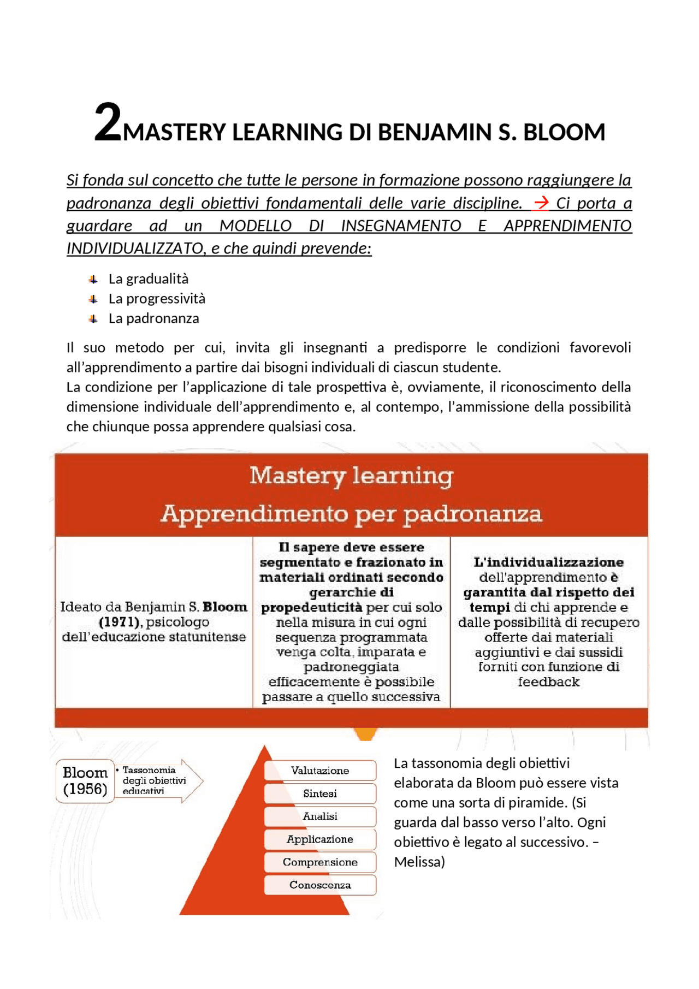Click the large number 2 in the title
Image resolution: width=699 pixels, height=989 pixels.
click(x=108, y=123)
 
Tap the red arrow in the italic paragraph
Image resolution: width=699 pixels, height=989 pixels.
click(x=541, y=203)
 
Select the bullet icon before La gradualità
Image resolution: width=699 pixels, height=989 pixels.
click(x=93, y=280)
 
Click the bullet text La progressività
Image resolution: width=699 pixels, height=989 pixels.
click(x=157, y=299)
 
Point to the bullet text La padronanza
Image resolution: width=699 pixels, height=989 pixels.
click(x=153, y=318)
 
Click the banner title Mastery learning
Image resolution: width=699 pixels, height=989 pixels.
click(x=351, y=476)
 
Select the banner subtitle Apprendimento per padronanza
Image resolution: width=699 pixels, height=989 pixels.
click(x=351, y=514)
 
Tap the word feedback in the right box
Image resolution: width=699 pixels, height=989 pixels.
click(x=548, y=682)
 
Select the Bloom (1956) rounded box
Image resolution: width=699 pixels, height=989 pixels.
click(x=85, y=781)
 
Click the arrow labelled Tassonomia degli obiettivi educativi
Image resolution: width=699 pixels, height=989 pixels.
click(x=158, y=780)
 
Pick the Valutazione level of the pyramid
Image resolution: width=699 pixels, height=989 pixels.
click(x=320, y=771)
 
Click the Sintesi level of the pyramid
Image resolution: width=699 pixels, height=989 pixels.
click(x=320, y=793)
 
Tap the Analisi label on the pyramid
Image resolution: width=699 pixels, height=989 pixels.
click(x=320, y=816)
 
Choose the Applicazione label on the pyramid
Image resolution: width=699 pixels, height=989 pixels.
click(x=320, y=839)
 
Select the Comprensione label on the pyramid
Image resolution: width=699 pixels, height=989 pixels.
click(x=320, y=862)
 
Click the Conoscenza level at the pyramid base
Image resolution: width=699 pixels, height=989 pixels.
click(x=320, y=885)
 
